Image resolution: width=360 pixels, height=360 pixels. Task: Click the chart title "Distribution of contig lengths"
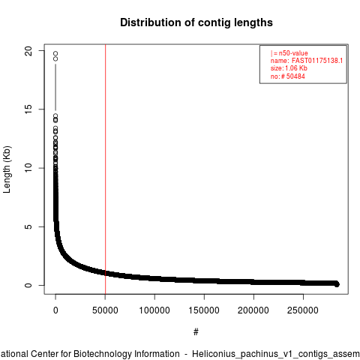(x=196, y=22)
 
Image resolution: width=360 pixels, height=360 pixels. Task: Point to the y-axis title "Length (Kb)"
(x=7, y=169)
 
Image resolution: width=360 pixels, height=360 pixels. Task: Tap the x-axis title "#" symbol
(x=196, y=332)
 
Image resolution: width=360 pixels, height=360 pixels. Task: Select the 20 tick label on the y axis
(x=28, y=51)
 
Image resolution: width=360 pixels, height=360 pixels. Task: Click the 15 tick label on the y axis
(x=28, y=109)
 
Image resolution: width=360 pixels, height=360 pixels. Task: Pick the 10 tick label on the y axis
(x=28, y=168)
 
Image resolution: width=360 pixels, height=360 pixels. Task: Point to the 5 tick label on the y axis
(x=28, y=226)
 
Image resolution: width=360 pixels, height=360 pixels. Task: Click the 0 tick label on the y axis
(x=28, y=285)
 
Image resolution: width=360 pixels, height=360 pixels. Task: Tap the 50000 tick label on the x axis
(x=105, y=310)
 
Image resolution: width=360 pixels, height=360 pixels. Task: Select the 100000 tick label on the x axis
(x=154, y=310)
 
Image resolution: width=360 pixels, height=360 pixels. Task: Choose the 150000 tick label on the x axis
(x=204, y=310)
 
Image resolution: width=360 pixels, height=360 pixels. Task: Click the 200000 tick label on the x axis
(x=253, y=310)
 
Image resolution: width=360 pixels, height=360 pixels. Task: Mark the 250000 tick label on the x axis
(x=303, y=310)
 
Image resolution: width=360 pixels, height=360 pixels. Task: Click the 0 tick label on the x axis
(x=55, y=310)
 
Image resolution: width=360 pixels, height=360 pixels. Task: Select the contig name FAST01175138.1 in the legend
(x=317, y=61)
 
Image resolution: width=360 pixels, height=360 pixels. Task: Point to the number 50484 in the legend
(x=295, y=76)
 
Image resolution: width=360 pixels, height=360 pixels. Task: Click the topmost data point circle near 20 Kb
(x=55, y=54)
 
